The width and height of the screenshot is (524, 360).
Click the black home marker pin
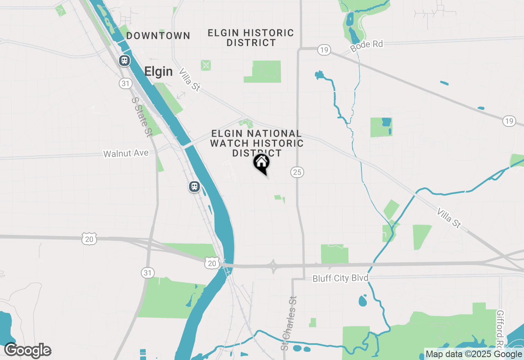click(262, 163)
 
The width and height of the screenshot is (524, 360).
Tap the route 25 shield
click(297, 172)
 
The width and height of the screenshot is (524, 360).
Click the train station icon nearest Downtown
click(124, 61)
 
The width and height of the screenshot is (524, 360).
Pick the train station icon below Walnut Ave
click(194, 187)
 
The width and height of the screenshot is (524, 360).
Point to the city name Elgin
click(158, 72)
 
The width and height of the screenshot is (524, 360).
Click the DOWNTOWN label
click(158, 36)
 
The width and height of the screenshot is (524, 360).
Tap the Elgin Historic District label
click(251, 38)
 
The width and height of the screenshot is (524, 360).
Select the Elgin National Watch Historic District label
click(257, 143)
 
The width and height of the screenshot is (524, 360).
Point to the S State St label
click(142, 117)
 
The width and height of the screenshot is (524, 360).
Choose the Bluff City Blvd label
click(340, 279)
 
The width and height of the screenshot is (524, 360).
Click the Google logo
click(27, 351)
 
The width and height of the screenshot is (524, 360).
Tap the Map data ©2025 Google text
click(474, 354)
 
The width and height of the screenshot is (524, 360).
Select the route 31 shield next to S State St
click(125, 83)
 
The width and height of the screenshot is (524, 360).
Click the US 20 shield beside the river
click(212, 263)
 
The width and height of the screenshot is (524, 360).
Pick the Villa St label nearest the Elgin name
click(189, 79)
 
